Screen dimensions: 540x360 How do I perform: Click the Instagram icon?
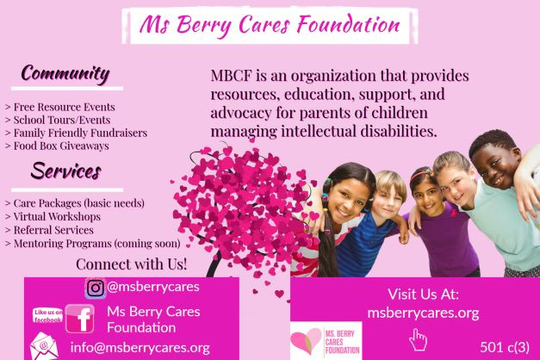[96, 288]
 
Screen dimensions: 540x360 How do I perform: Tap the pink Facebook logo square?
[79, 319]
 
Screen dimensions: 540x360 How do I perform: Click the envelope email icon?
[44, 346]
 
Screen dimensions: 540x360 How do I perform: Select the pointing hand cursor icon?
[418, 339]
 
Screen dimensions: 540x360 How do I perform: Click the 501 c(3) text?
[505, 347]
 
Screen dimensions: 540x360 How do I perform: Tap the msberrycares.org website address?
[423, 313]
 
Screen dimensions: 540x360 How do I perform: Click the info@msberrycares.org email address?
[140, 348]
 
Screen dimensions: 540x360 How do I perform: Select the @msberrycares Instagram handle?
[153, 287]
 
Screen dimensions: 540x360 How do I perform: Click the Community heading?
[65, 74]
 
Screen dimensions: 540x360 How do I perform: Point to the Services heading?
[66, 171]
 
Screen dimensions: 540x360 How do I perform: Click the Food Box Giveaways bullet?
[57, 146]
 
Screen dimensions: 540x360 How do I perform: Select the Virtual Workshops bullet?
[53, 216]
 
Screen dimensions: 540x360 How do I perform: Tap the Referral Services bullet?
[49, 230]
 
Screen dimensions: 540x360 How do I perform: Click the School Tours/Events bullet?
[58, 120]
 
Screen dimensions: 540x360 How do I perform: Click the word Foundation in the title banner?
[349, 25]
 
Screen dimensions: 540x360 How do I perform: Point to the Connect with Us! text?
[132, 264]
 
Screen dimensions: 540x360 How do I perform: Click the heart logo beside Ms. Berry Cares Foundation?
[306, 340]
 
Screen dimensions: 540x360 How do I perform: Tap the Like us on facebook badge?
[48, 315]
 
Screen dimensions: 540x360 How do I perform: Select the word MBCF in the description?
[231, 76]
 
